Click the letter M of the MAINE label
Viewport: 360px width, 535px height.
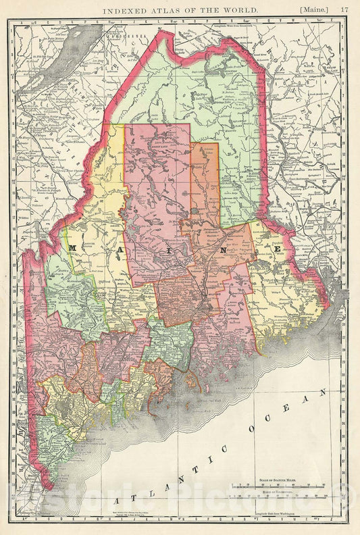pyautogui.click(x=72, y=249)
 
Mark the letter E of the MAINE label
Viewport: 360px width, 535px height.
pyautogui.click(x=278, y=249)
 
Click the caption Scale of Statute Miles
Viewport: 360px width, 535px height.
pyautogui.click(x=281, y=480)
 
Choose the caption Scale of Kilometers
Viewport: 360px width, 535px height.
pyautogui.click(x=281, y=494)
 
